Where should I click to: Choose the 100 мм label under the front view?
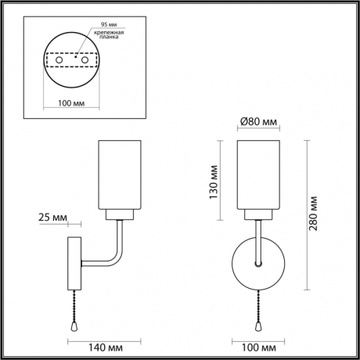(x=259, y=346)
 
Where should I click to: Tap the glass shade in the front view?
(x=259, y=173)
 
